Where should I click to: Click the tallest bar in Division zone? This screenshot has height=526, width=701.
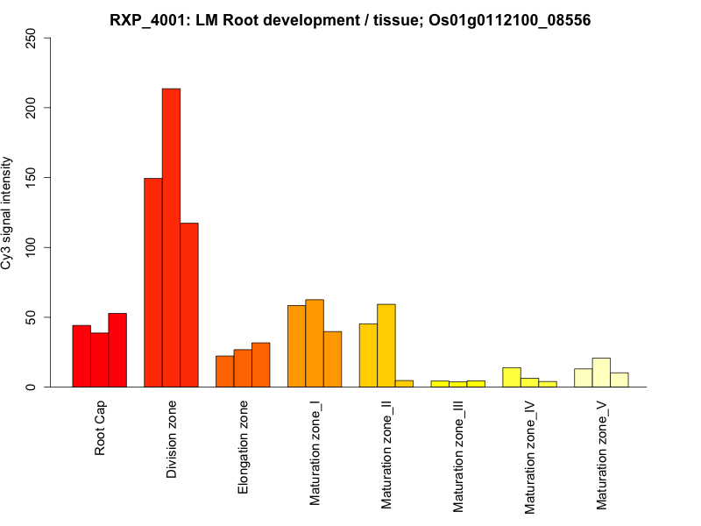point(171,237)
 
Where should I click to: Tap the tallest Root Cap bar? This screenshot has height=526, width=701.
point(117,350)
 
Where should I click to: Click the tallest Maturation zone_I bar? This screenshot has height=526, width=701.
point(315,343)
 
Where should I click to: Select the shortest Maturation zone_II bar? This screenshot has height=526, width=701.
point(404,383)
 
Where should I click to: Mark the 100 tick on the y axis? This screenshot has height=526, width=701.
point(32,248)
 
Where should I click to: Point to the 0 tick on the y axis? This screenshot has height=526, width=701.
point(32,387)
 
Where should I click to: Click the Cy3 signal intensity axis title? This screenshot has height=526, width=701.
point(8,213)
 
